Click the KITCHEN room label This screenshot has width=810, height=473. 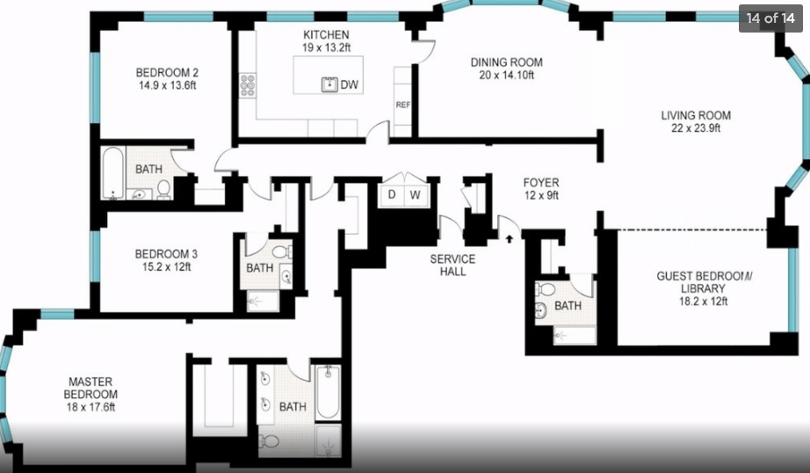click(x=326, y=34)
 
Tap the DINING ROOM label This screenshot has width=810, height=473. click(x=506, y=62)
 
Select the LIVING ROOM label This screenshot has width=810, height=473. click(x=696, y=115)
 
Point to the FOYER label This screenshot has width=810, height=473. click(x=541, y=183)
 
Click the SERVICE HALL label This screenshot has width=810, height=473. click(x=453, y=266)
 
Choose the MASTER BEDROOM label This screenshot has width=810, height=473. click(x=90, y=388)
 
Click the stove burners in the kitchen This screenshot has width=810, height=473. click(x=248, y=85)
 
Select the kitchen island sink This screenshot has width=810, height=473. click(x=329, y=84)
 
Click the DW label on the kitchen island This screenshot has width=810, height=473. click(x=349, y=84)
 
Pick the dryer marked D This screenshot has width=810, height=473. click(x=392, y=195)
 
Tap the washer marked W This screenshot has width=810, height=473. click(x=416, y=195)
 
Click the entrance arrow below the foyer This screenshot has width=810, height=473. click(x=510, y=238)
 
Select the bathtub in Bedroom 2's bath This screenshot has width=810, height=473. click(x=113, y=173)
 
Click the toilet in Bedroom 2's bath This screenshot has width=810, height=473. click(x=163, y=189)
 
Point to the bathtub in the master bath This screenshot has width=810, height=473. click(x=328, y=392)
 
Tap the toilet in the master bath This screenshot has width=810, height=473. click(x=269, y=441)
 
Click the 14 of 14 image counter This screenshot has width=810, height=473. click(x=770, y=18)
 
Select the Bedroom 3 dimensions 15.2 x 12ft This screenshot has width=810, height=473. click(x=166, y=266)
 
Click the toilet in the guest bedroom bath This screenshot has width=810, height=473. click(x=545, y=289)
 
